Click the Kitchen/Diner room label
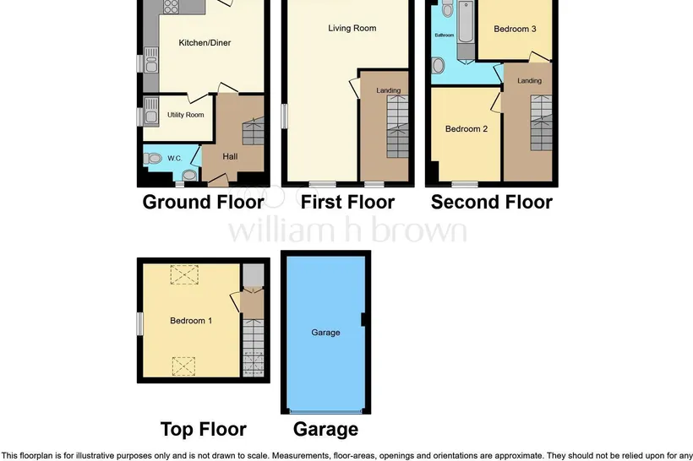(x=205, y=43)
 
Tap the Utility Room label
(x=186, y=115)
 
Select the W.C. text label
(x=175, y=158)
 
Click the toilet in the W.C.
(x=152, y=158)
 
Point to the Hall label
(x=230, y=156)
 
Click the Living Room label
(x=352, y=28)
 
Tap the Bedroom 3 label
(x=515, y=30)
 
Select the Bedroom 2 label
(x=467, y=129)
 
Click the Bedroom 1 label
(x=191, y=321)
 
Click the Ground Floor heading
(x=204, y=202)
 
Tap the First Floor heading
(x=347, y=202)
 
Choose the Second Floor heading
(x=492, y=202)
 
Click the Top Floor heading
(x=204, y=429)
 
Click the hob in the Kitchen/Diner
(x=171, y=6)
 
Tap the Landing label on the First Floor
(x=389, y=90)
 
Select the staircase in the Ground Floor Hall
(x=254, y=131)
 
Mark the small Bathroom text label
(x=445, y=35)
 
